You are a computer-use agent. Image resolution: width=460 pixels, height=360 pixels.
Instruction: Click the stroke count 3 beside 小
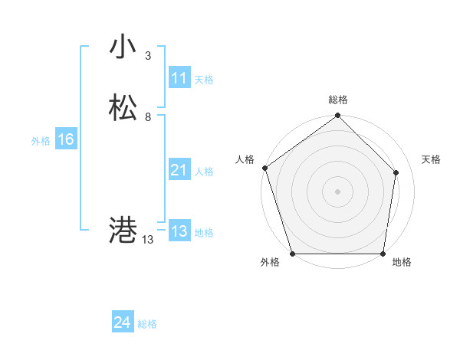click(x=147, y=56)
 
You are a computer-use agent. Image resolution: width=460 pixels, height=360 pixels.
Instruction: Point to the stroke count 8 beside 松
click(x=147, y=117)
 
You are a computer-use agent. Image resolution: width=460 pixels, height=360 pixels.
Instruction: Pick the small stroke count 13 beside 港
click(x=147, y=240)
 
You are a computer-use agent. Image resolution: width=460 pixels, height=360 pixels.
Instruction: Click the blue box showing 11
click(x=179, y=78)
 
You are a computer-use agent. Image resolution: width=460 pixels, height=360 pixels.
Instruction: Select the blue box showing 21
click(x=179, y=170)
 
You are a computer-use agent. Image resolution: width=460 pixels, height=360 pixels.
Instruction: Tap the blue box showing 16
click(x=65, y=139)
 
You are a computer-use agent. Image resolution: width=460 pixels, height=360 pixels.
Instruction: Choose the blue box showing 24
click(x=122, y=322)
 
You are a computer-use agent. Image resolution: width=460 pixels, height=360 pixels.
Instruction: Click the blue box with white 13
click(x=179, y=231)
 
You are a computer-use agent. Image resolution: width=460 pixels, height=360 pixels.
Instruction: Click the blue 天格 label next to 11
click(x=204, y=79)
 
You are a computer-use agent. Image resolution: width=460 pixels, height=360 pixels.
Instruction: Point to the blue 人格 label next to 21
click(x=204, y=172)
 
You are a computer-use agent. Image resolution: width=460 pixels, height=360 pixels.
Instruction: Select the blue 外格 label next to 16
click(x=41, y=141)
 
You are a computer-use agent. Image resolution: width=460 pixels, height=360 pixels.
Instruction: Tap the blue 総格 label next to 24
click(x=147, y=324)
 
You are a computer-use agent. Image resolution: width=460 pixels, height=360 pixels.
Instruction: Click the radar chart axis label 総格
click(x=338, y=100)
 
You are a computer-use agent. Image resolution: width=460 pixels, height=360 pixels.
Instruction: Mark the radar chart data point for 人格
click(x=264, y=169)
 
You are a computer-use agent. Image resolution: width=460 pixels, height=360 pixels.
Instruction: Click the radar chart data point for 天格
click(x=396, y=172)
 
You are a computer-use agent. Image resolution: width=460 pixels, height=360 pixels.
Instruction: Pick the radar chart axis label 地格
click(x=402, y=262)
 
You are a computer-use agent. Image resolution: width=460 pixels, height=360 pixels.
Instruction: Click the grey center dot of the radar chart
click(x=337, y=191)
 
